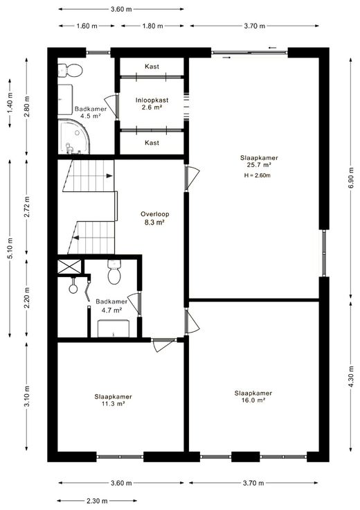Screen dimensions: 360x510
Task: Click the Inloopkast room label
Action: [x=152, y=100]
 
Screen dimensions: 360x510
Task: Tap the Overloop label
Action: [x=154, y=214]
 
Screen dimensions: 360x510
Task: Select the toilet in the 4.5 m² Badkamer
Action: [x=70, y=70]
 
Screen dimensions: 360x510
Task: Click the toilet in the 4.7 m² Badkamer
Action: [x=114, y=272]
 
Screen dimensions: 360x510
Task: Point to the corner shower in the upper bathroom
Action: [x=73, y=137]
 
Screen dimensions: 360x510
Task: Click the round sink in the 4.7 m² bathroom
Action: [x=73, y=288]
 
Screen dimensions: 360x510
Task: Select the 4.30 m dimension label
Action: [x=351, y=377]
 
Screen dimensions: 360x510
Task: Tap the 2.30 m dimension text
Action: [x=97, y=501]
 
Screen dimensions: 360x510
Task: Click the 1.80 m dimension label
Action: [x=152, y=26]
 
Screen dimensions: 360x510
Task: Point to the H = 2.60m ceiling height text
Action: [x=258, y=175]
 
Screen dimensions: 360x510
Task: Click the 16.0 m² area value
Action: [x=253, y=401]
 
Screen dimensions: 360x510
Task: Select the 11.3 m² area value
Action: [x=113, y=404]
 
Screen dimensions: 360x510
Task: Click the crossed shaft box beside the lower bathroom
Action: [x=69, y=267]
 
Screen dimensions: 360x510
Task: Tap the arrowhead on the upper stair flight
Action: [x=109, y=176]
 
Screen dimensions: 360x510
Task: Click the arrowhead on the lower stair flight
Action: [x=76, y=238]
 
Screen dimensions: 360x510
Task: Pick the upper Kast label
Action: [x=152, y=67]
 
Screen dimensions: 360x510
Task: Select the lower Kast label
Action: [x=152, y=143]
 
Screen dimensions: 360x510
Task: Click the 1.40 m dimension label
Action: [x=10, y=103]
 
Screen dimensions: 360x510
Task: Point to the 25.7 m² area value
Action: [x=259, y=165]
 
